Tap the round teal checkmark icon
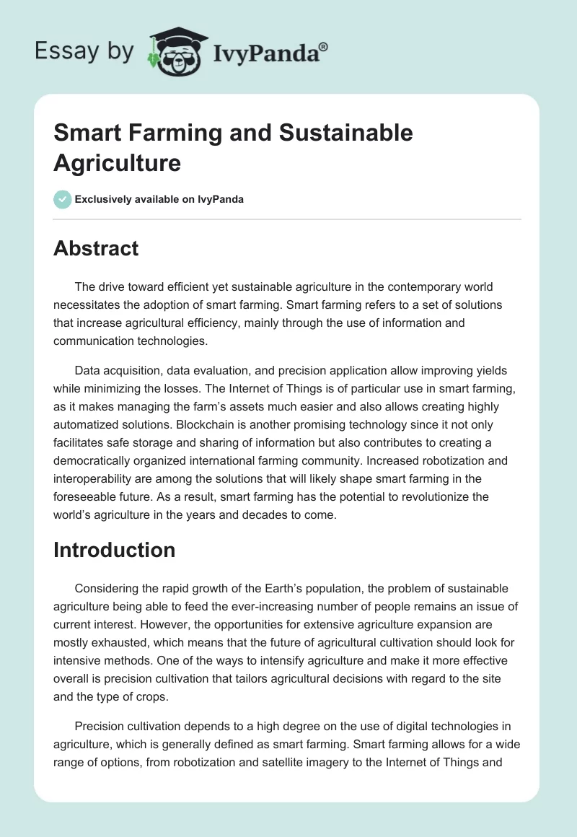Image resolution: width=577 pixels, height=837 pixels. tap(63, 199)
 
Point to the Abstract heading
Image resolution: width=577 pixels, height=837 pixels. tap(96, 248)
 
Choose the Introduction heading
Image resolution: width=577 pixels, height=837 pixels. tap(114, 550)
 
